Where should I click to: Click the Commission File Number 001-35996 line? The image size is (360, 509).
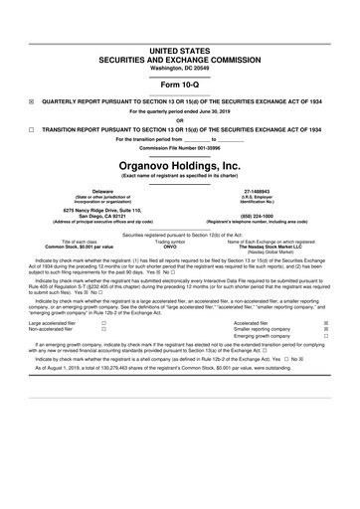point(180,148)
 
